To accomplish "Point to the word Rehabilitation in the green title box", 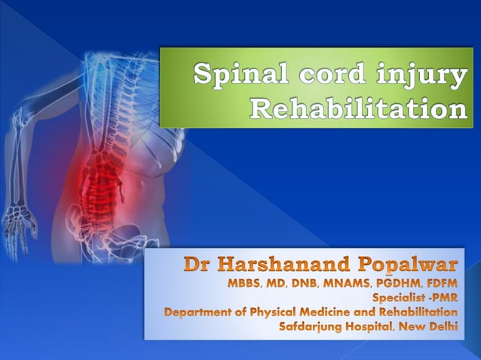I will [x=357, y=108].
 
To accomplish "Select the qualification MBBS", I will [x=246, y=284].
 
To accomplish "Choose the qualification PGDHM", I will [x=397, y=284].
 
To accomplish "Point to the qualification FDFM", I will [x=441, y=284].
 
